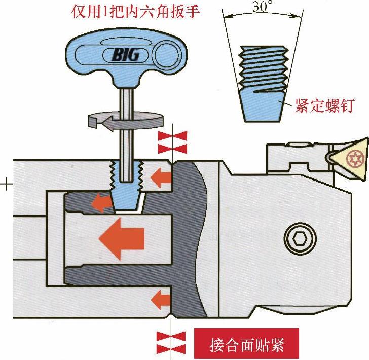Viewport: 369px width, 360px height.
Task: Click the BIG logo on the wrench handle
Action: [x=123, y=54]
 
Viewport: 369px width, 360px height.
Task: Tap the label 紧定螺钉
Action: [x=324, y=106]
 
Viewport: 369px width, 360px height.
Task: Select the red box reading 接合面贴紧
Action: [x=247, y=345]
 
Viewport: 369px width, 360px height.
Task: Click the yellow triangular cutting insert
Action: [x=350, y=158]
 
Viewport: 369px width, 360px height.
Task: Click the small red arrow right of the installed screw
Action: [x=161, y=178]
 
